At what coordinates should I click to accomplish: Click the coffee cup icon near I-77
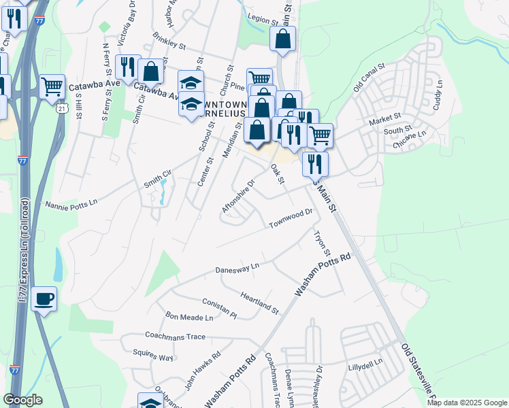point(44,299)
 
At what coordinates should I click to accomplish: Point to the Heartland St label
point(259,303)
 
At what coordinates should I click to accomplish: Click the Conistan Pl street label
point(219,309)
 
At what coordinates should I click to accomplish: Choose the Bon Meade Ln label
point(189,318)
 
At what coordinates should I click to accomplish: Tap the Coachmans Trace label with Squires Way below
point(175,336)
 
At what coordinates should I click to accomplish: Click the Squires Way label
point(152,356)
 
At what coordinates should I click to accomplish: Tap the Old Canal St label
point(369,78)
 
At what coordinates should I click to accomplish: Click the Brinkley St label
point(169,46)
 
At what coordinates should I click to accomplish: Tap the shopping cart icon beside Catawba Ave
point(52,86)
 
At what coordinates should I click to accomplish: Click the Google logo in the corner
point(22,399)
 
